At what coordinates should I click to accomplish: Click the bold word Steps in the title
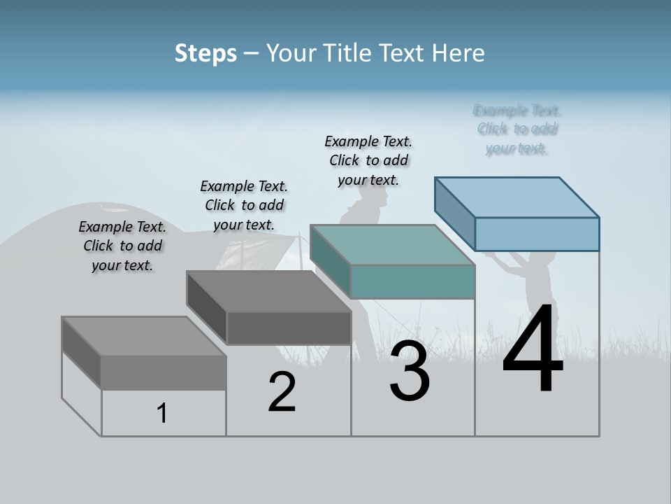[x=205, y=53]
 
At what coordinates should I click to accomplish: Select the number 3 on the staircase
[x=409, y=371]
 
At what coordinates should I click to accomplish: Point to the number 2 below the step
[x=282, y=392]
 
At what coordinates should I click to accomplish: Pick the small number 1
[x=162, y=413]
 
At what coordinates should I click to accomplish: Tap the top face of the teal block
[x=393, y=245]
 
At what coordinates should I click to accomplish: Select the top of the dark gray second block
[x=269, y=291]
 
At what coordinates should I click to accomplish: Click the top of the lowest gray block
[x=144, y=336]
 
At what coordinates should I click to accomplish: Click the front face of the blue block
[x=537, y=234]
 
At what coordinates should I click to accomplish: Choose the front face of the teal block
[x=412, y=281]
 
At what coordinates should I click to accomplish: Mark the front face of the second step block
[x=289, y=328]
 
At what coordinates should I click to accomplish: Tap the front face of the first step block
[x=164, y=372]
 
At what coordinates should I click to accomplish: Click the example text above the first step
[x=122, y=246]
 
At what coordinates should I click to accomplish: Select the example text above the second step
[x=244, y=205]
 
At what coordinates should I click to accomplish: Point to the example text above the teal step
[x=368, y=160]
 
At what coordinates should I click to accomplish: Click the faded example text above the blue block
[x=517, y=129]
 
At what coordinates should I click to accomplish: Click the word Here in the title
[x=459, y=53]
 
